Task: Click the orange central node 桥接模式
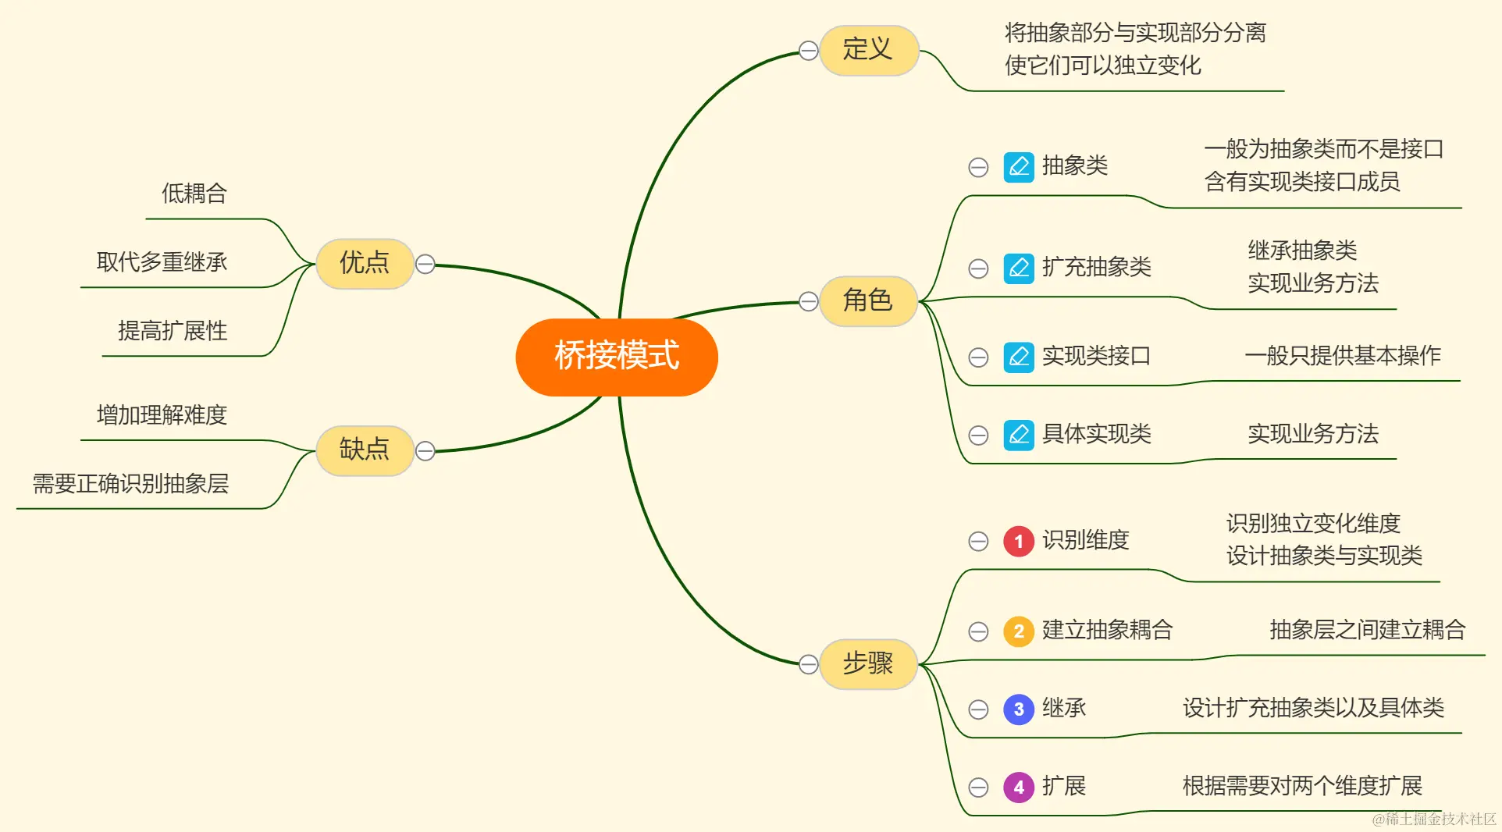(x=617, y=356)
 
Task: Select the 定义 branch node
(x=867, y=50)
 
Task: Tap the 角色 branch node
(x=867, y=300)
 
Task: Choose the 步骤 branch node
(x=867, y=663)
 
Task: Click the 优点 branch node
(x=364, y=263)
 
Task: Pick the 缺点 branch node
(x=364, y=450)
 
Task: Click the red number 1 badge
(x=1019, y=541)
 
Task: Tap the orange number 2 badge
(x=1019, y=631)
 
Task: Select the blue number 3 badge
(x=1019, y=709)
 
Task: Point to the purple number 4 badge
(x=1019, y=787)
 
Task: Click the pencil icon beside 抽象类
(x=1019, y=166)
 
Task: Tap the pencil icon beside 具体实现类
(x=1019, y=435)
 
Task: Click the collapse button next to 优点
(x=425, y=265)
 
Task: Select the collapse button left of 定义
(x=809, y=51)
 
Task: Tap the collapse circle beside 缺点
(x=425, y=451)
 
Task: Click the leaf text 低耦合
(x=194, y=194)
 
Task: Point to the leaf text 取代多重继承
(x=162, y=262)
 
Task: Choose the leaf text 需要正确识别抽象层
(x=130, y=484)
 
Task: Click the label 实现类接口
(x=1096, y=357)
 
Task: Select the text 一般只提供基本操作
(x=1343, y=356)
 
